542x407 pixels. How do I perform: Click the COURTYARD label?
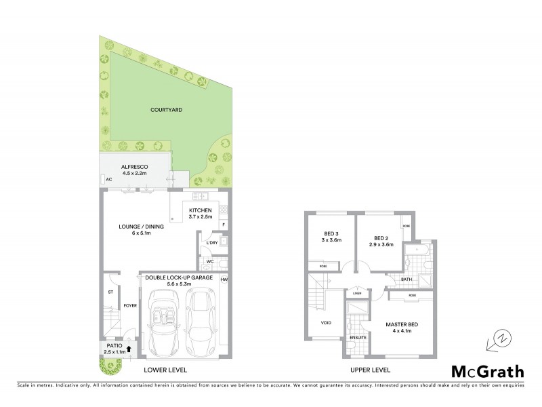point(167,109)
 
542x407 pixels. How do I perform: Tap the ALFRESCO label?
point(135,166)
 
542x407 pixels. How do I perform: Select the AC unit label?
point(108,179)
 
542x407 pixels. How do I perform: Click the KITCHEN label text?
point(201,210)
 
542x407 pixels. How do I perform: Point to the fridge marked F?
point(223,225)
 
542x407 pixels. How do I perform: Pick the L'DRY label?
point(211,242)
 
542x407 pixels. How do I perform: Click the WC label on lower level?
point(210,261)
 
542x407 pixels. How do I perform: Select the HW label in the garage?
point(224,279)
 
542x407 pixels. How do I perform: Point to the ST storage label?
point(109,292)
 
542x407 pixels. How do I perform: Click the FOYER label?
point(129,305)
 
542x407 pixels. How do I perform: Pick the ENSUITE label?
point(358,337)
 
